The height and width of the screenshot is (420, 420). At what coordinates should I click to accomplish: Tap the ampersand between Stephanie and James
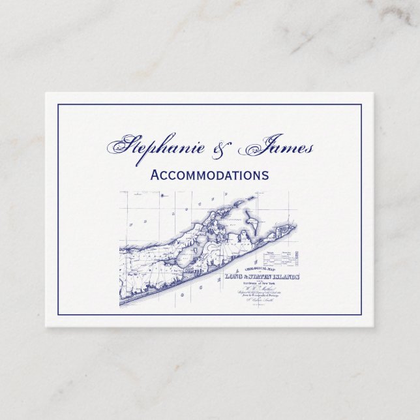pyautogui.click(x=226, y=149)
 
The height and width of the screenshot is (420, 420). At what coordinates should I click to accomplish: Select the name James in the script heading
pyautogui.click(x=277, y=149)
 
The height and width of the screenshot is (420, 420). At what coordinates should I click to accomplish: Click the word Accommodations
pyautogui.click(x=209, y=175)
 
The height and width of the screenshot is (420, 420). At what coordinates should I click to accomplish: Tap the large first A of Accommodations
pyautogui.click(x=155, y=175)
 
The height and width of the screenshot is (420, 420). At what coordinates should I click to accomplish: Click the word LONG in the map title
pyautogui.click(x=234, y=277)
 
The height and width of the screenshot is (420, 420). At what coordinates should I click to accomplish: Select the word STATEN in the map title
pyautogui.click(x=260, y=277)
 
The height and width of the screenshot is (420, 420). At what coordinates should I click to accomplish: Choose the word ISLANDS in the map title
pyautogui.click(x=288, y=277)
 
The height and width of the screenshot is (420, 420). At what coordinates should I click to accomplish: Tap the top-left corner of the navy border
pyautogui.click(x=58, y=104)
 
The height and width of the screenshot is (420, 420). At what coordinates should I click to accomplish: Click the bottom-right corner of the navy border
pyautogui.click(x=361, y=316)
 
